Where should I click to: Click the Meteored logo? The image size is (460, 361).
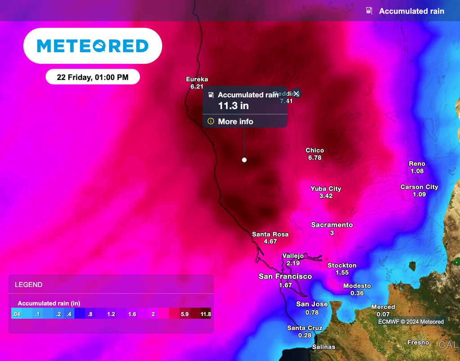click(x=93, y=46)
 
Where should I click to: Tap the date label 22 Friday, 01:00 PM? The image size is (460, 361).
click(x=93, y=77)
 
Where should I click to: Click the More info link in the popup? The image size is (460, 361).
click(x=235, y=122)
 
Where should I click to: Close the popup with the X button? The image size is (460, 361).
click(x=296, y=93)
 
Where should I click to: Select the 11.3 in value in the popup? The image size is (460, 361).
click(x=233, y=106)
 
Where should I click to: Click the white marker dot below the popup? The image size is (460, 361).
click(x=244, y=160)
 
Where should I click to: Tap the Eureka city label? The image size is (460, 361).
click(x=197, y=79)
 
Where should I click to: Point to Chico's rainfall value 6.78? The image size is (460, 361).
click(x=314, y=158)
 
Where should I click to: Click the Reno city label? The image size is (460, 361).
click(x=417, y=164)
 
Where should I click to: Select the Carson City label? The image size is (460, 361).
click(x=419, y=187)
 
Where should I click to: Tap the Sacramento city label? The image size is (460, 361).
click(x=332, y=225)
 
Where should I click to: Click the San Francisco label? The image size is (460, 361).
click(x=285, y=277)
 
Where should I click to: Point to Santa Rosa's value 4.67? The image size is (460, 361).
click(x=270, y=242)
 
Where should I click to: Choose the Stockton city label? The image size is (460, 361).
click(x=342, y=265)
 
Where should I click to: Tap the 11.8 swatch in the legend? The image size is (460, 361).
click(x=205, y=314)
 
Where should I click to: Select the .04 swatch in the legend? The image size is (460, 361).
click(x=17, y=314)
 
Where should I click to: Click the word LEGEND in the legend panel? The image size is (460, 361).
click(x=29, y=285)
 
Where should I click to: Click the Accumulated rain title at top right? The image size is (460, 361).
click(x=411, y=11)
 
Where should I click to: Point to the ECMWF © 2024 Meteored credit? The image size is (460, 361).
click(x=411, y=321)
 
